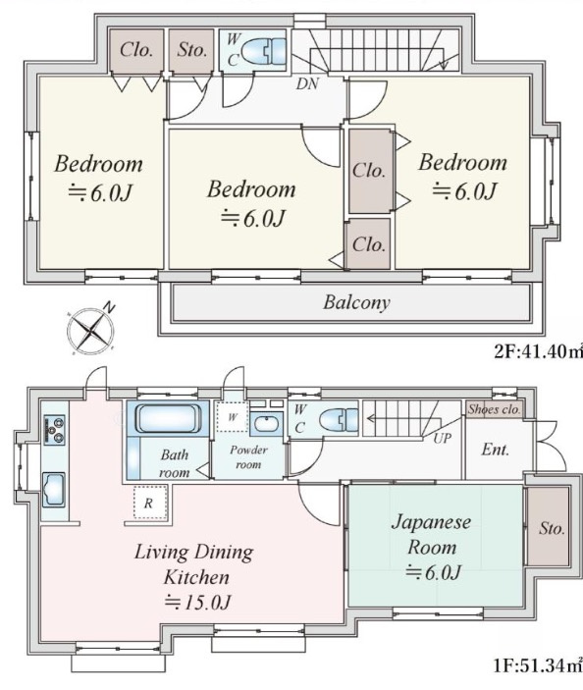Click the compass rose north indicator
coord(109,307)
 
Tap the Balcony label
coord(356,302)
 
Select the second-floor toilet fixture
coord(264,51)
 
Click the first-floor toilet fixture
coord(340,420)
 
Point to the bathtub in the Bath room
coord(168,418)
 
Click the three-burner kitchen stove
coord(55,430)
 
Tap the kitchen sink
coord(54,490)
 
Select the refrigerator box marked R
coord(150,503)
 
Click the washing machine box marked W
coord(233,416)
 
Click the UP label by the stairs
coord(442,439)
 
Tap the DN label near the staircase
coord(307,83)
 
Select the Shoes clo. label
coord(494,409)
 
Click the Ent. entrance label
coord(495,450)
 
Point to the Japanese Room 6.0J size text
coord(433,572)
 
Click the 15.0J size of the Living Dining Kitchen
coord(197,602)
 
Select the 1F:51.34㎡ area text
coord(538,664)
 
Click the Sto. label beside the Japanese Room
coord(552,528)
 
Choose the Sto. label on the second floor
coord(191,50)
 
